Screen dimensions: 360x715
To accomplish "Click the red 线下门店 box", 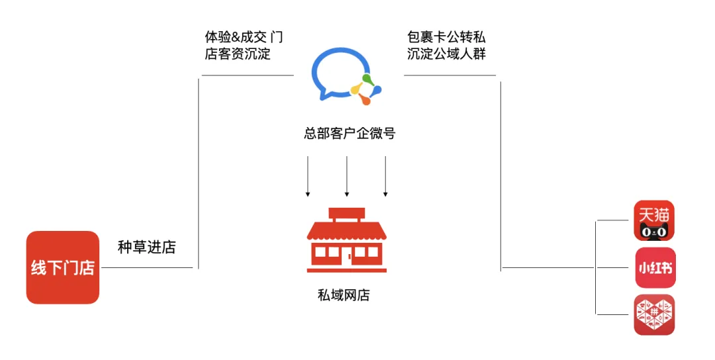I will coord(62,267).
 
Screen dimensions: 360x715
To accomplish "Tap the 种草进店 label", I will coord(147,247).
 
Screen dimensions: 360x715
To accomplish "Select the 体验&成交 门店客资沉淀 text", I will coord(243,46).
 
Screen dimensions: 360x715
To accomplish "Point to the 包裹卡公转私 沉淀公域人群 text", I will coord(446,46).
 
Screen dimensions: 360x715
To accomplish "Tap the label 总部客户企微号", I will coord(350,134).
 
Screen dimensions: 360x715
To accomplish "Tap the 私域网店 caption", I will coord(344,295).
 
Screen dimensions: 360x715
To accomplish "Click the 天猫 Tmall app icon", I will coord(655,220).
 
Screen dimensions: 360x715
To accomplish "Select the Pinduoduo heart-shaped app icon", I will coord(655,315).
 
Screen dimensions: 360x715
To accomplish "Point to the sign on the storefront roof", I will coord(346,214).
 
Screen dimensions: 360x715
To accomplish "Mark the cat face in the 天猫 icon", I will coord(654,231).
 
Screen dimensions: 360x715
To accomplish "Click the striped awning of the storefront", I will coord(346,231).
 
